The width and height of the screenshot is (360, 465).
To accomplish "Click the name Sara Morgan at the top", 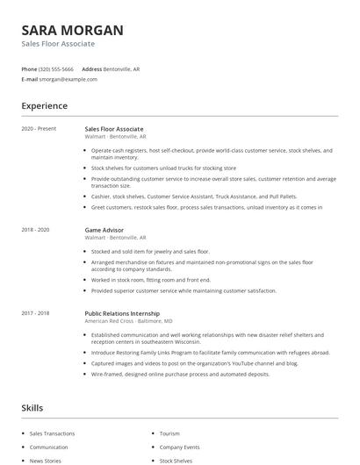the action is pyautogui.click(x=72, y=29).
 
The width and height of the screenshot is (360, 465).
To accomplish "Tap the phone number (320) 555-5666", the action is pyautogui.click(x=57, y=68).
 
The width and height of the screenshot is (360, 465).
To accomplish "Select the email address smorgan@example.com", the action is pyautogui.click(x=68, y=79).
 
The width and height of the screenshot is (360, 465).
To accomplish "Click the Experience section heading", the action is pyautogui.click(x=44, y=106).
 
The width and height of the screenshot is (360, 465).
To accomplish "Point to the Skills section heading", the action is pyautogui.click(x=32, y=408).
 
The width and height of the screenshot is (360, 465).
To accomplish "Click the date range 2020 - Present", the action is pyautogui.click(x=39, y=129).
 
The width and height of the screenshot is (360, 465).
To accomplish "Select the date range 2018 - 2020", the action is pyautogui.click(x=37, y=230).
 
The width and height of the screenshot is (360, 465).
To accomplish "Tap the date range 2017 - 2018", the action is pyautogui.click(x=37, y=313).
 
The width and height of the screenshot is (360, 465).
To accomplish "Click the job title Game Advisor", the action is pyautogui.click(x=104, y=230).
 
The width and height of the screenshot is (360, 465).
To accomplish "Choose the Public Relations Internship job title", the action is pyautogui.click(x=122, y=313).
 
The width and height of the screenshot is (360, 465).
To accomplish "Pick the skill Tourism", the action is pyautogui.click(x=169, y=433).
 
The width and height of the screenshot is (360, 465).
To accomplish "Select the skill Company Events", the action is pyautogui.click(x=179, y=447).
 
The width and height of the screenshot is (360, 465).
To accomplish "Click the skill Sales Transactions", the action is pyautogui.click(x=52, y=433).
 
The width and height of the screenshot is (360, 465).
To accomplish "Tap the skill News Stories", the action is pyautogui.click(x=47, y=460).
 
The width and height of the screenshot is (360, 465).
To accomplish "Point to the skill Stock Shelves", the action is pyautogui.click(x=176, y=460).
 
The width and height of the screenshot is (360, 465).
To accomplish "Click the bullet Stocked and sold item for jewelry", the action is pyautogui.click(x=150, y=251).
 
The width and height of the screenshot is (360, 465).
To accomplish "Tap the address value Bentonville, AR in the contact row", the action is pyautogui.click(x=122, y=68).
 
